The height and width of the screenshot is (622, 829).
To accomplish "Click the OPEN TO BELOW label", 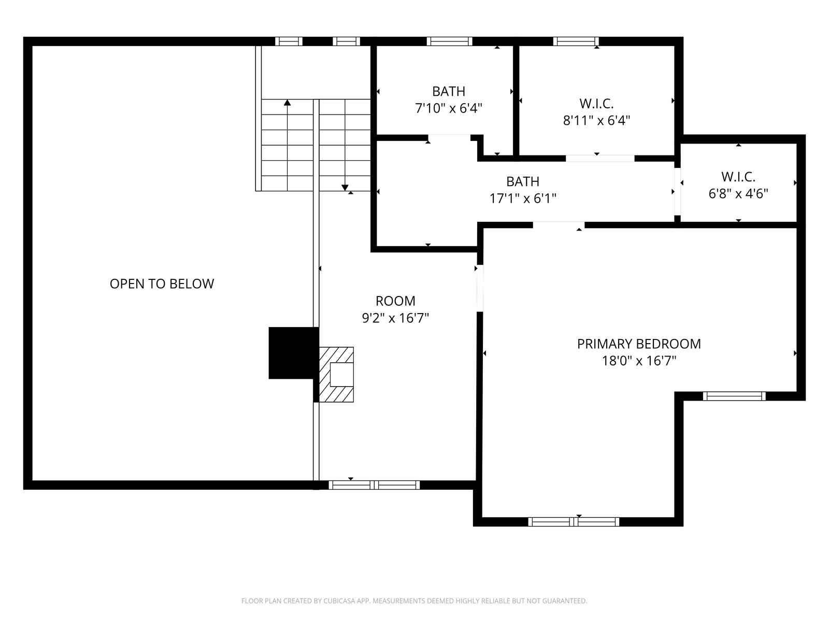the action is click(x=162, y=284).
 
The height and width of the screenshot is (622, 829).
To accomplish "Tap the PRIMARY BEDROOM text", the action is click(x=639, y=344).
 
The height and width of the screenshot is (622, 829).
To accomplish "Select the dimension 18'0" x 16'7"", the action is click(x=639, y=361).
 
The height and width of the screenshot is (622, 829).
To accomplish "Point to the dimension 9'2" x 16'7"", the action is click(x=395, y=318).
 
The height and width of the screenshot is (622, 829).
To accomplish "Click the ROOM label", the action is click(x=395, y=301).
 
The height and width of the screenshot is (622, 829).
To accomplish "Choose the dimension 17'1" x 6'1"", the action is click(x=523, y=199).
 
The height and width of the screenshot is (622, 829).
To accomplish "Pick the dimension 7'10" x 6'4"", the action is click(x=449, y=109).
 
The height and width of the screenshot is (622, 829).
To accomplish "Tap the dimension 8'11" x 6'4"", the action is click(x=596, y=121).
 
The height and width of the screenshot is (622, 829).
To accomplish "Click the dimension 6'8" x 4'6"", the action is click(x=738, y=194).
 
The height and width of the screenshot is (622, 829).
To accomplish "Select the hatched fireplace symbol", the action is click(x=336, y=374).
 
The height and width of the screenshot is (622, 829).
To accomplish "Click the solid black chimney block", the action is click(x=293, y=353).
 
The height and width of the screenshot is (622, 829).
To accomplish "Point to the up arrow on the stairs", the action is click(x=288, y=102).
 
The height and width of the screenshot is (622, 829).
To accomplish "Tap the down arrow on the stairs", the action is click(x=345, y=187).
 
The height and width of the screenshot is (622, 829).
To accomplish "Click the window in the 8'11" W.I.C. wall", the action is click(x=576, y=41).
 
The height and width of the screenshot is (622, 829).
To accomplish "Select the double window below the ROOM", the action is click(x=374, y=485).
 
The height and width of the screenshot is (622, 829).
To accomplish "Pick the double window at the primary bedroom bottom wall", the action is click(x=574, y=521).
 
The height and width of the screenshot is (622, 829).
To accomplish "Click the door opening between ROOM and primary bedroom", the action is click(x=480, y=288).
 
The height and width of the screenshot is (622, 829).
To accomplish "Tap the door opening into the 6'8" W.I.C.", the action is click(x=678, y=191).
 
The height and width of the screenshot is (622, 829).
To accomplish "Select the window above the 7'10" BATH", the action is click(x=449, y=41).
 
